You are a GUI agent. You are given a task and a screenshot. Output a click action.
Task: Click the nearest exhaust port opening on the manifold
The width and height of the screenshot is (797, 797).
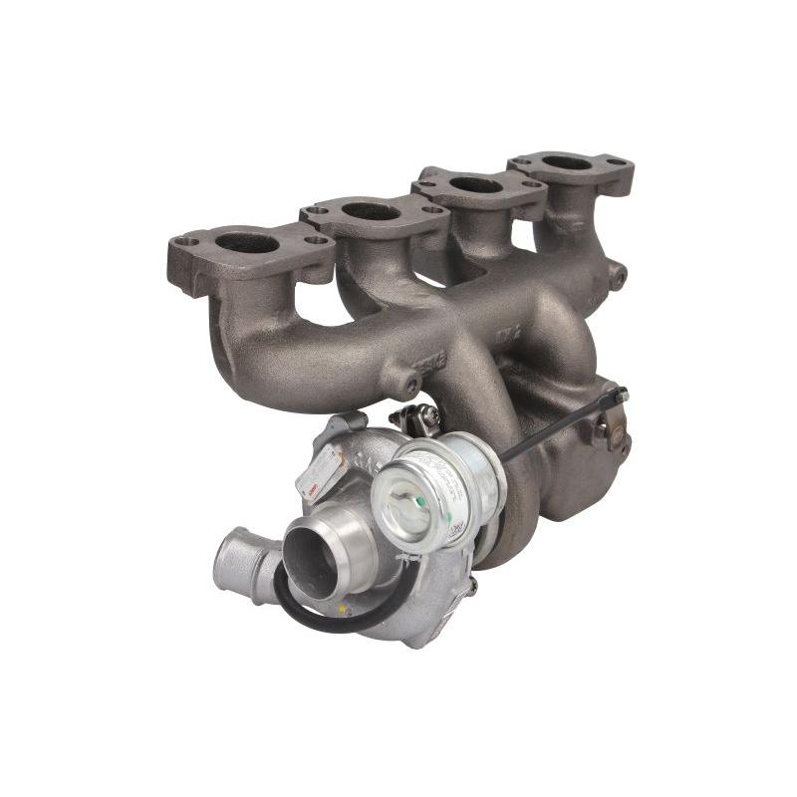246,243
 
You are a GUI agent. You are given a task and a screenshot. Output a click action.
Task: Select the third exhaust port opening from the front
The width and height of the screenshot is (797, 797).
476,185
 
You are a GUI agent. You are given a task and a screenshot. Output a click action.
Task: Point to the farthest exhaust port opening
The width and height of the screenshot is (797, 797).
566,163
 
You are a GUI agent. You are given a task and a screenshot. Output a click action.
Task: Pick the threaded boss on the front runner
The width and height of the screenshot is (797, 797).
408,382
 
